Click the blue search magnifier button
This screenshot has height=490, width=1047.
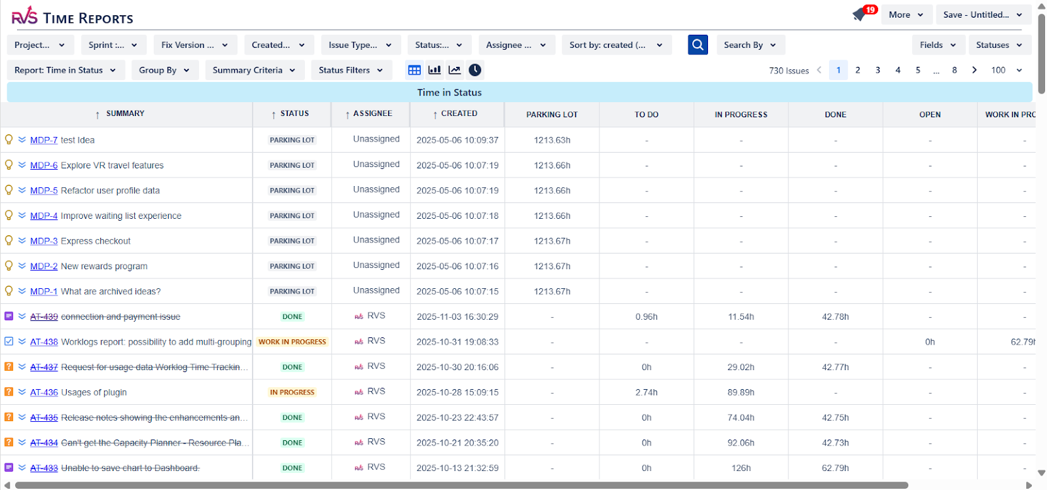click(x=698, y=45)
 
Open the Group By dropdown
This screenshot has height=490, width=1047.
click(x=164, y=70)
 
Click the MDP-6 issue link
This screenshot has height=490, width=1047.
click(x=44, y=166)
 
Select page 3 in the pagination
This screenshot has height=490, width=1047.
click(x=878, y=70)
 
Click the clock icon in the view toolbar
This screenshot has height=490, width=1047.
click(x=475, y=70)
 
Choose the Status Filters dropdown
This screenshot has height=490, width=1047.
click(x=351, y=70)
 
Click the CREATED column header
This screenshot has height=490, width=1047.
click(x=459, y=114)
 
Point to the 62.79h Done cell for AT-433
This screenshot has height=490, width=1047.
click(x=835, y=468)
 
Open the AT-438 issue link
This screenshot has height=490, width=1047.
click(x=44, y=342)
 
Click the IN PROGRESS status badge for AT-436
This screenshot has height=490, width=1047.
click(x=292, y=392)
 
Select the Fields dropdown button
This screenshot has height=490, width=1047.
click(x=938, y=45)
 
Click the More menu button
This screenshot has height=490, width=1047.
click(x=906, y=15)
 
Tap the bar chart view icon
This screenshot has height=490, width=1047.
click(x=435, y=70)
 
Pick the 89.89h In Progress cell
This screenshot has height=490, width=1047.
click(x=741, y=392)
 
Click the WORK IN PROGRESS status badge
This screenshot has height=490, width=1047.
click(x=292, y=342)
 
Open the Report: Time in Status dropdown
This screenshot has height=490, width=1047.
click(x=65, y=70)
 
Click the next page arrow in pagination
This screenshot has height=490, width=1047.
click(x=974, y=70)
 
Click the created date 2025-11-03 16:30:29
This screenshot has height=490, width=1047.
click(x=457, y=317)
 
